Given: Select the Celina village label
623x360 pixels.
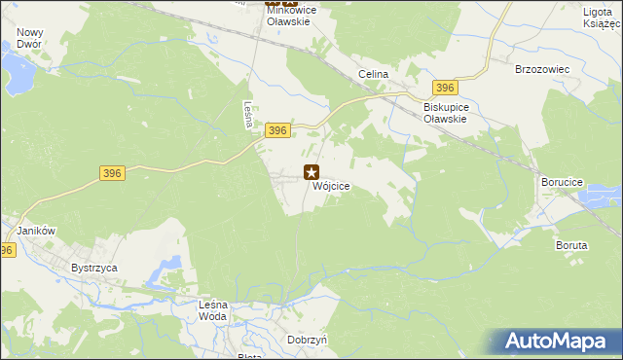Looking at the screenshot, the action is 373,74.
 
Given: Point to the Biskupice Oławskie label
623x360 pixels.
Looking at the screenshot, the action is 446,112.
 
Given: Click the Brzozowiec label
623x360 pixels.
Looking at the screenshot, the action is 540,70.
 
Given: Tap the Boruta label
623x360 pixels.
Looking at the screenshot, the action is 572,246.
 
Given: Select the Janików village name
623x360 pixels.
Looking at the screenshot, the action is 34,231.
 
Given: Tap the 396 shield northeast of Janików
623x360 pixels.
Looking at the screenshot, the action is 112,173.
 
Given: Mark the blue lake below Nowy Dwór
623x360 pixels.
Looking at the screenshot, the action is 17,69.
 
